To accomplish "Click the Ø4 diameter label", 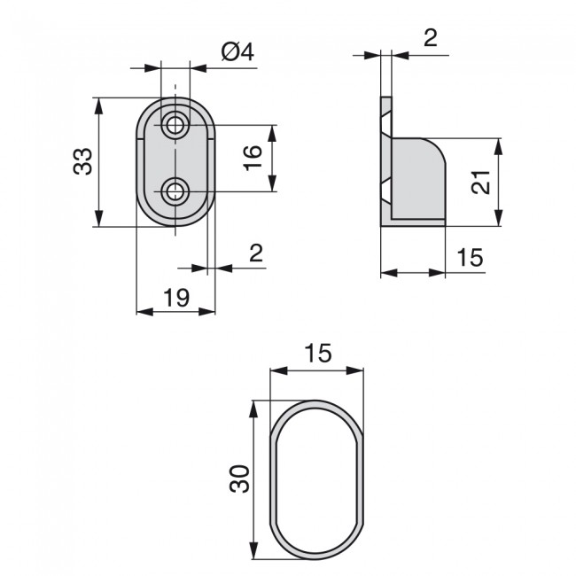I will [x=235, y=52].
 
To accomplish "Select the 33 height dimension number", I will [x=82, y=161].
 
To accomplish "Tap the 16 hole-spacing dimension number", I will [x=252, y=157].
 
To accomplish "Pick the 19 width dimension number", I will [x=176, y=297].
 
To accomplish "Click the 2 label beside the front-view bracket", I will [x=256, y=253].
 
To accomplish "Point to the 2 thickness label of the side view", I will [x=431, y=38].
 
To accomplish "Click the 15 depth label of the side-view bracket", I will [x=470, y=258].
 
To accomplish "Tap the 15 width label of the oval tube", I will [x=316, y=353].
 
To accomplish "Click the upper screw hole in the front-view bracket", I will [x=176, y=125].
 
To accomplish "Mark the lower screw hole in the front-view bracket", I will [x=176, y=191].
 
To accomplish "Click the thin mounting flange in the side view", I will [x=385, y=160].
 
